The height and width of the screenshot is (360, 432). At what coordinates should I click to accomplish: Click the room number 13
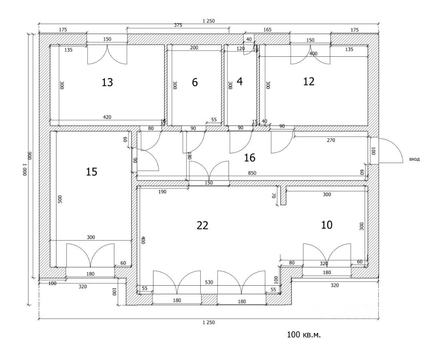tap(107, 82)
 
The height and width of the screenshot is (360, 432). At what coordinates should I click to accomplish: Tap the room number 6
tap(195, 82)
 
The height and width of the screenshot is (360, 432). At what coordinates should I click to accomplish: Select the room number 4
tap(240, 82)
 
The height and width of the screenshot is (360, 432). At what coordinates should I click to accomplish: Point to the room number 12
tap(308, 82)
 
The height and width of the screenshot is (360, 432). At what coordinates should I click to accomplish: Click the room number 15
tap(92, 172)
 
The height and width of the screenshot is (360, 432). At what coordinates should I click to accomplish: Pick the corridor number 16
tap(250, 157)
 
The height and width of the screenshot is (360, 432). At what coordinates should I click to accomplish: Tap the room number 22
tap(202, 225)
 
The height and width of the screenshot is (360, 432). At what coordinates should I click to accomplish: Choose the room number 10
tap(327, 225)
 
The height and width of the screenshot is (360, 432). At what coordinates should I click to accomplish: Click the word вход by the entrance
tap(414, 159)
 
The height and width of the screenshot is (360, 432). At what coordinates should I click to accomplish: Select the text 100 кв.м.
tap(304, 335)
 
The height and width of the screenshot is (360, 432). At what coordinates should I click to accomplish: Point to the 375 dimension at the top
tap(178, 25)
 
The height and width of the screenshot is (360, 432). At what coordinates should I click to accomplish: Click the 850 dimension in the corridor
tap(252, 173)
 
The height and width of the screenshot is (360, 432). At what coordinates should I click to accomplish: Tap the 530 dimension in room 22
tap(209, 282)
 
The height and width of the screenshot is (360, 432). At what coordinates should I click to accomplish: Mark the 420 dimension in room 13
tap(107, 117)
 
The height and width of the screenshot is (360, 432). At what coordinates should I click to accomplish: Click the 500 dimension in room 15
tap(60, 199)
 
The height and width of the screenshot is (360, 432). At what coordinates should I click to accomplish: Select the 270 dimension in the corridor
tap(331, 140)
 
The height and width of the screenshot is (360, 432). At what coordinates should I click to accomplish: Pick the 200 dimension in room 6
tap(194, 48)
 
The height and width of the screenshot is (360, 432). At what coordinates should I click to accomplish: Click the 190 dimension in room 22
tap(162, 192)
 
